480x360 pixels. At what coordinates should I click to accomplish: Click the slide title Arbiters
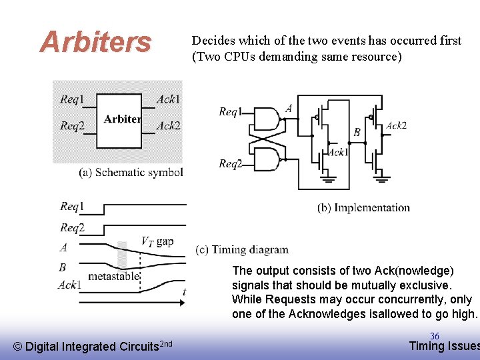(95, 42)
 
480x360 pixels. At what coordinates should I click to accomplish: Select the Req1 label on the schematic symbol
(72, 99)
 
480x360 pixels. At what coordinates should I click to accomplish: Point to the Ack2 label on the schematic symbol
(169, 125)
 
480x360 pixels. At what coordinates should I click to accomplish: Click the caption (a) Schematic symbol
(131, 172)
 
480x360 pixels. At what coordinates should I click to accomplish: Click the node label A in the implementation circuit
(289, 108)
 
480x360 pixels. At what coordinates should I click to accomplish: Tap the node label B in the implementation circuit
(357, 132)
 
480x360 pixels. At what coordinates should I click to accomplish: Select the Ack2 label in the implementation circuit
(396, 125)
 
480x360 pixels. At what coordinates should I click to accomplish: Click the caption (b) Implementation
(363, 208)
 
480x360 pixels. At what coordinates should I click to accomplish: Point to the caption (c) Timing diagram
(242, 250)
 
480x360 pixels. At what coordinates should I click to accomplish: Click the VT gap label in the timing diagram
(157, 241)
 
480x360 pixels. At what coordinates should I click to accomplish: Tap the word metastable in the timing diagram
(113, 275)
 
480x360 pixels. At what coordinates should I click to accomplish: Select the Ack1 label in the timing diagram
(69, 285)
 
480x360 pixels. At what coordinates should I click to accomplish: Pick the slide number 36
(434, 336)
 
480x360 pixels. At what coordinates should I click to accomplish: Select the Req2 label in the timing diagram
(72, 228)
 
